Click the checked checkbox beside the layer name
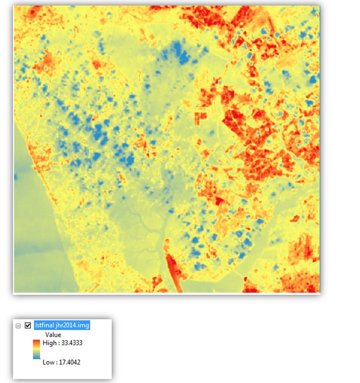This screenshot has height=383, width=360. [x=28, y=326]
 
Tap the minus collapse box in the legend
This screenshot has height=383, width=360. [x=18, y=326]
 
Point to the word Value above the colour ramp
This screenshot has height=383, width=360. [x=53, y=335]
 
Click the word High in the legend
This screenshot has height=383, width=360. [x=49, y=343]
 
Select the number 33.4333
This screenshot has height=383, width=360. [x=72, y=343]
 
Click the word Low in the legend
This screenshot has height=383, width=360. [x=49, y=362]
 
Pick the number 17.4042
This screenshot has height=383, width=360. [x=70, y=362]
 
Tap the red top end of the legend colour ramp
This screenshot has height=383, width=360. [x=36, y=342]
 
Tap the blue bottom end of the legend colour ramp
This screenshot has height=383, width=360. [x=36, y=357]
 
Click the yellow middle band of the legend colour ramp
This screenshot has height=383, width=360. [x=36, y=349]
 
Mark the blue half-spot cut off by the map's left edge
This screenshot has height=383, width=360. [x=16, y=177]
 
